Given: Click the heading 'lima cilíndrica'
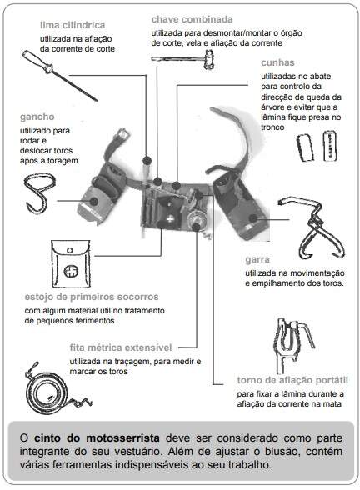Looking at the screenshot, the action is (72, 25).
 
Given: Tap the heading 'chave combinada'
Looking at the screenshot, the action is (192, 19).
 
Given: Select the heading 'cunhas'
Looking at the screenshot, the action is (277, 62).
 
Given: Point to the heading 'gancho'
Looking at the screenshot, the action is (37, 117).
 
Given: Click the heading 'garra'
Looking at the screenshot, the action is (257, 260).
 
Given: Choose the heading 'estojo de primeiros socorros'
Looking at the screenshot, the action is (92, 297).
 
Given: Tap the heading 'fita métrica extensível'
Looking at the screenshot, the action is (121, 347).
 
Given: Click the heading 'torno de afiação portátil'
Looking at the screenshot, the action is (292, 380).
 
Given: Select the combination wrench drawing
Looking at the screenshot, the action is (183, 60).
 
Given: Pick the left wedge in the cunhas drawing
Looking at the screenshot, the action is (305, 147).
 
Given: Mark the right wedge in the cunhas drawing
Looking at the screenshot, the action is (330, 146).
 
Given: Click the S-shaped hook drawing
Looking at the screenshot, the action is (40, 193).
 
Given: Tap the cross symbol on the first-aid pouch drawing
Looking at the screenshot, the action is (71, 271).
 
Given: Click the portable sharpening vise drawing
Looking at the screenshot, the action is (292, 343).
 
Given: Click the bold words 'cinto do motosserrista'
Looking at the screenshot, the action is (97, 437).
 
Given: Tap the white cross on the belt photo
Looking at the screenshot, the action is (170, 218).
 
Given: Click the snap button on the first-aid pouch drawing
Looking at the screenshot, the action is (70, 250).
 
